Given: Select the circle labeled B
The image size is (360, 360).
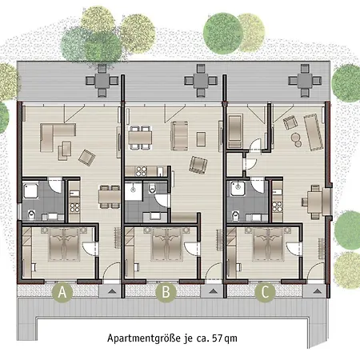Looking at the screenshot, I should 165,293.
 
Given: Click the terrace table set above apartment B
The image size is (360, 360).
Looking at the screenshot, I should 196,81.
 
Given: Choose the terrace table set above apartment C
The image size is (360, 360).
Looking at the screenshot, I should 305,81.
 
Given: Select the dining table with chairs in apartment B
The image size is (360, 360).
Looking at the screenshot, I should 142,137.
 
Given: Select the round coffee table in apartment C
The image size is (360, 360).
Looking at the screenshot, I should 295,137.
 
